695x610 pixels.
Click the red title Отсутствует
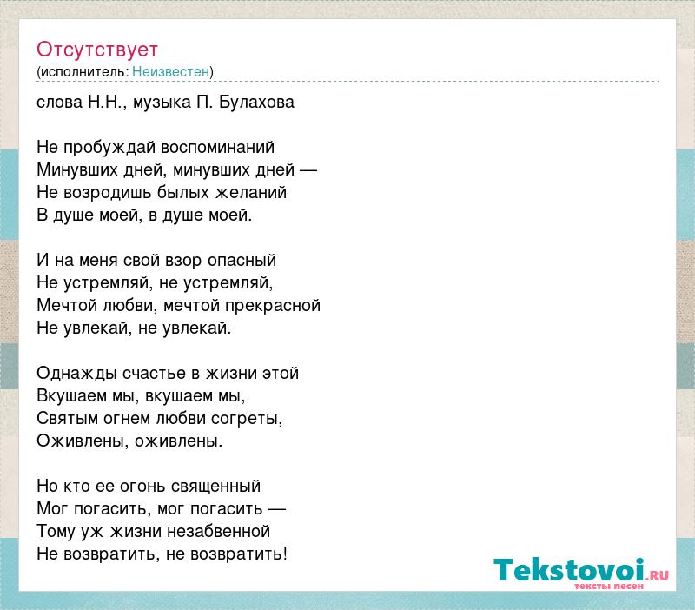tap(97, 50)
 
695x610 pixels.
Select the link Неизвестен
tap(170, 71)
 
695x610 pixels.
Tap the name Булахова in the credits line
tap(256, 103)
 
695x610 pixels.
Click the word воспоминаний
tap(218, 148)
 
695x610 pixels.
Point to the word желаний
tap(251, 193)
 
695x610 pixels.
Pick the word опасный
tap(242, 260)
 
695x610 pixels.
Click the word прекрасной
tap(273, 306)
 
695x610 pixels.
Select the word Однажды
tap(77, 374)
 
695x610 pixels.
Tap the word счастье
tap(155, 374)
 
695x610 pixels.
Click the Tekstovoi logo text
tap(569, 570)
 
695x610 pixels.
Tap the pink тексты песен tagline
tap(609, 586)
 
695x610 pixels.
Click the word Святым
tap(68, 419)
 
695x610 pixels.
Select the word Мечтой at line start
tap(67, 306)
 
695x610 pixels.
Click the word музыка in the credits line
tap(162, 103)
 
